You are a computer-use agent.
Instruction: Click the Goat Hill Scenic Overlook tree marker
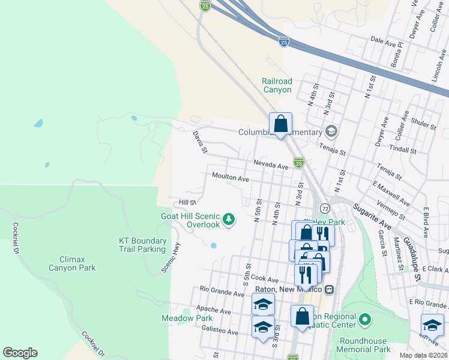228,220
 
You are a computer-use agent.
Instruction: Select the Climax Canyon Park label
72,263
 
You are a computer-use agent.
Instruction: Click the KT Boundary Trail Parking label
142,245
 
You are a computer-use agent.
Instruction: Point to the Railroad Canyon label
277,85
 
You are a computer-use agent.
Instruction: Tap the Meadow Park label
187,318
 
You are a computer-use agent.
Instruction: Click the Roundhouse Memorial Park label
365,344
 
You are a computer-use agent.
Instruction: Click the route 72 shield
325,208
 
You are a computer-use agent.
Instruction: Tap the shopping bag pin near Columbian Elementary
280,125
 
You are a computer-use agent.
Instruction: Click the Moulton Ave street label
231,178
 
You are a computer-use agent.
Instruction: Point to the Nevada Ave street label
271,164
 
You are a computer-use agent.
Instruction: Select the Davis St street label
200,142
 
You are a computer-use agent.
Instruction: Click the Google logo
20,353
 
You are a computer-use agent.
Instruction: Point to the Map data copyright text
424,355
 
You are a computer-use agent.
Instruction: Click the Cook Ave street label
265,279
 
